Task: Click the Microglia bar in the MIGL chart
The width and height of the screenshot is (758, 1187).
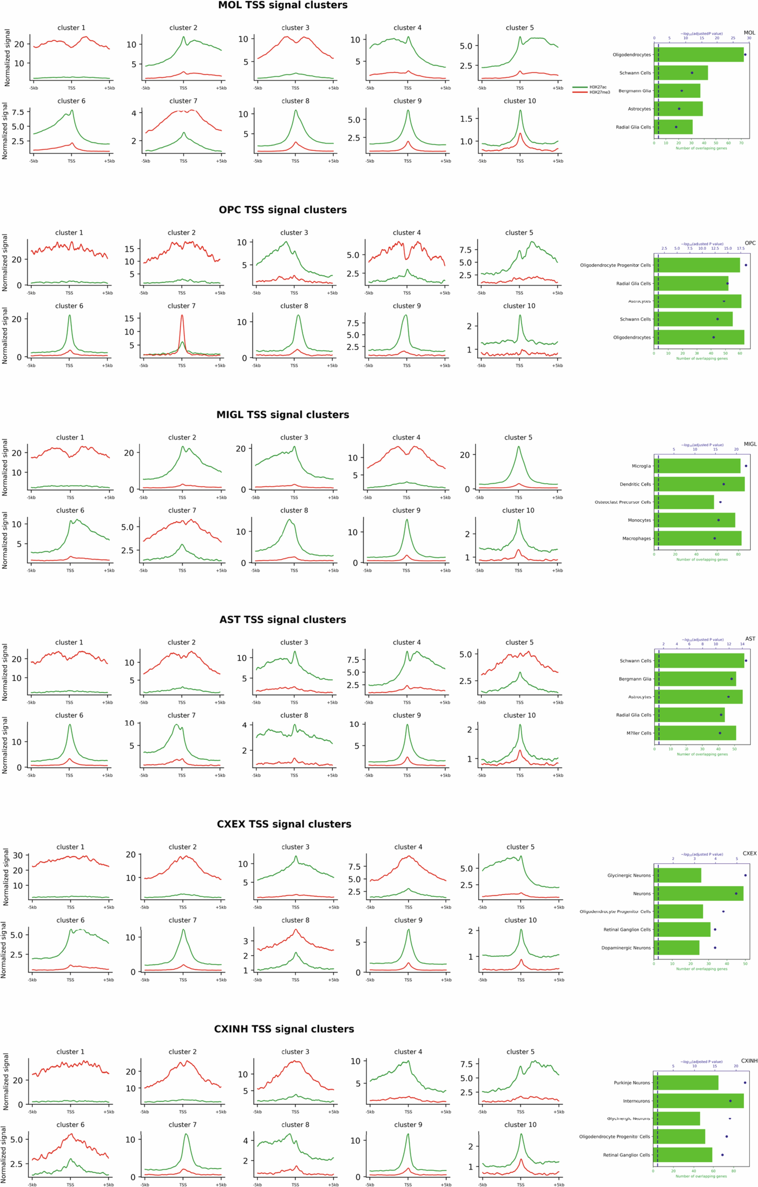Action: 697,466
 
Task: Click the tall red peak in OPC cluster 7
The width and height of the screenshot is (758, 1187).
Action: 182,318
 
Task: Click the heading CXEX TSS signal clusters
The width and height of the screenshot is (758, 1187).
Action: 284,824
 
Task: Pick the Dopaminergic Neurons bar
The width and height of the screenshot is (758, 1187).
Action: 676,947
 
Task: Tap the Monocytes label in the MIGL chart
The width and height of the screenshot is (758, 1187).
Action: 639,520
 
